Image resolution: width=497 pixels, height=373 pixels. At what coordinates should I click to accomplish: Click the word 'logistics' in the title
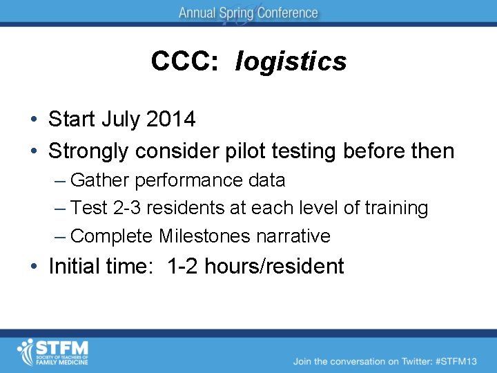coord(291,62)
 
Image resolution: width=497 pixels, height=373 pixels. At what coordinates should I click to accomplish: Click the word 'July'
coord(121,119)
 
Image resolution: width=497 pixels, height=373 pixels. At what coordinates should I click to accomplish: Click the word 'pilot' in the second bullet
coord(262,151)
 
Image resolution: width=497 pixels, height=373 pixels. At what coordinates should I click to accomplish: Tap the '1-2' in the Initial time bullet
coord(182,267)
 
